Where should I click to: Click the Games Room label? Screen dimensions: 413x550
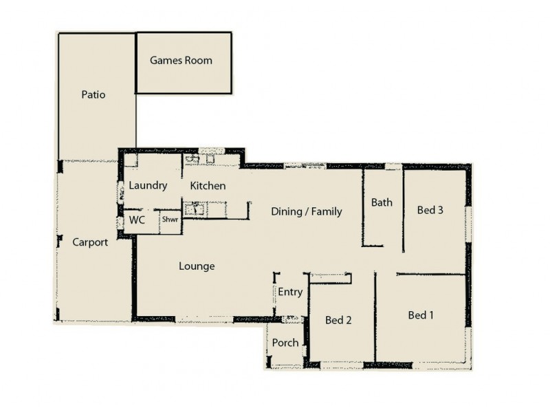point(181,61)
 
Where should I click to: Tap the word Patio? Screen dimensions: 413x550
point(93,95)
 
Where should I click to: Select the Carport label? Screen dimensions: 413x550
point(90,242)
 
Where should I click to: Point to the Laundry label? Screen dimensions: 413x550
point(148,186)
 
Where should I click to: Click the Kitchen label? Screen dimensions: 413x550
point(208,186)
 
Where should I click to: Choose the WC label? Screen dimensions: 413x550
point(137,221)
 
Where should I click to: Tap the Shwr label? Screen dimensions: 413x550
point(169,222)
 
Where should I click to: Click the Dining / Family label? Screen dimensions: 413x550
point(306,211)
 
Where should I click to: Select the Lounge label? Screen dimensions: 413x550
point(197,266)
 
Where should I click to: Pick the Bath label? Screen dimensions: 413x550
point(382,202)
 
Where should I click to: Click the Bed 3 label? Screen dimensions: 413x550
point(430,210)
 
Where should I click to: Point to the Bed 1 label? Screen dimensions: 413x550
point(421,315)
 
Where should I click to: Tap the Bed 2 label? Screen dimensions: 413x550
point(338,320)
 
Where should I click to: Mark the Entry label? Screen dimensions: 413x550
point(290,292)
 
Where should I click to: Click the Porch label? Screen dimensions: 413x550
point(285,343)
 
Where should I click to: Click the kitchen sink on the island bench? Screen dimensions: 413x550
point(195,209)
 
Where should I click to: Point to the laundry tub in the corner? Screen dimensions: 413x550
point(131,160)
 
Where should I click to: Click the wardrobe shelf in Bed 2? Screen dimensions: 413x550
point(331,277)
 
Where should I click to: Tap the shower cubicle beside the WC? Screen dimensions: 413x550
point(170,222)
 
